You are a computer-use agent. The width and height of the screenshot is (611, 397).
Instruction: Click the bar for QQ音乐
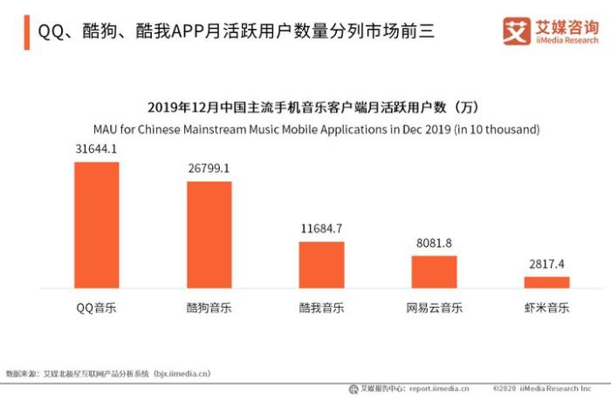click(x=96, y=225)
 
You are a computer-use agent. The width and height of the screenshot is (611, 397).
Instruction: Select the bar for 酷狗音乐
click(x=209, y=235)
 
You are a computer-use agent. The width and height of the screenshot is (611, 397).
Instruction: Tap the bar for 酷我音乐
click(x=321, y=265)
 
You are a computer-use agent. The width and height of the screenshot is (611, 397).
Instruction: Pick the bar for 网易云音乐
click(x=434, y=272)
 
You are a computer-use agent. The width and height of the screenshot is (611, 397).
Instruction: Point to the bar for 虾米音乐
click(x=546, y=283)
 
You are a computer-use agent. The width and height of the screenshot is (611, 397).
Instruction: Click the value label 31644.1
click(x=96, y=149)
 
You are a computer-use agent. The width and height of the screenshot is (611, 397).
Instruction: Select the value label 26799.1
click(x=209, y=168)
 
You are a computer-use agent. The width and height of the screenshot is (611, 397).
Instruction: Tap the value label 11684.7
click(x=321, y=229)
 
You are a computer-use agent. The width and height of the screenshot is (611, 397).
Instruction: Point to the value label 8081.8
click(x=434, y=243)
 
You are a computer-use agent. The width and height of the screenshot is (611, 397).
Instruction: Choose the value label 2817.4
click(x=546, y=264)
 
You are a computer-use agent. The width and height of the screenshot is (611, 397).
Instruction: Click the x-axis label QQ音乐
click(x=96, y=308)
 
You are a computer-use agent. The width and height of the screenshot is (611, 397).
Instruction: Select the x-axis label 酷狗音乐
click(x=209, y=308)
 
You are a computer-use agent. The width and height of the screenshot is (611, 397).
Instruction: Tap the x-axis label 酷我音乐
click(x=321, y=308)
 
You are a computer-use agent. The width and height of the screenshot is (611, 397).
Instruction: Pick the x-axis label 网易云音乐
click(x=434, y=308)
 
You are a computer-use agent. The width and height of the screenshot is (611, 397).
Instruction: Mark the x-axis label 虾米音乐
click(x=546, y=308)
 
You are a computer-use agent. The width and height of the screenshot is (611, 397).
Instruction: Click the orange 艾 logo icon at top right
click(x=517, y=31)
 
